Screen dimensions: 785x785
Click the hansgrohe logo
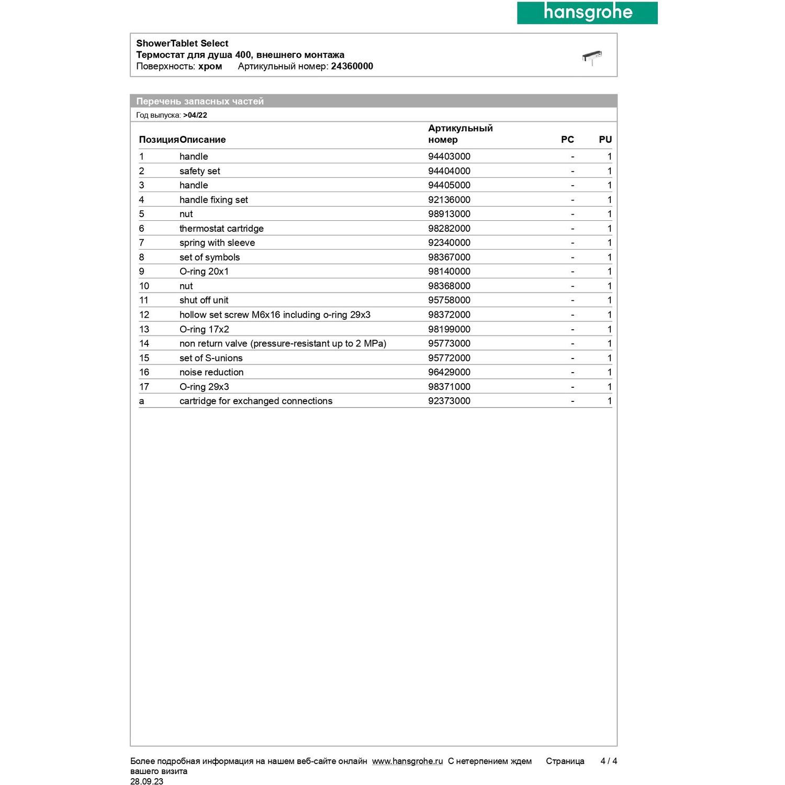[587, 13]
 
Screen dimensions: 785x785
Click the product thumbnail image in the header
[592, 57]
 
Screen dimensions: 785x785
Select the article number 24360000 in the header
[352, 66]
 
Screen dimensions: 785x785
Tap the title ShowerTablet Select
[182, 43]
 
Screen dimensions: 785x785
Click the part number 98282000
[449, 229]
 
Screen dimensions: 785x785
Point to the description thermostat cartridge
[221, 229]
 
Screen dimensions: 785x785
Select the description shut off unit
[204, 300]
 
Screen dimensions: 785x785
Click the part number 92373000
[449, 401]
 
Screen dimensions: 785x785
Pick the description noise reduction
[211, 372]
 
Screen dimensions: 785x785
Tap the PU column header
[605, 140]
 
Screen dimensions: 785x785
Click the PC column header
[567, 140]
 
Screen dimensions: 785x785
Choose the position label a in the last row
[141, 401]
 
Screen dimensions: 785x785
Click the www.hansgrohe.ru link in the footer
[407, 761]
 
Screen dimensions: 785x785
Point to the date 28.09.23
[147, 781]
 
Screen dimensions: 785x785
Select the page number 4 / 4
[609, 761]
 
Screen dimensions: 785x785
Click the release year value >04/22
[195, 115]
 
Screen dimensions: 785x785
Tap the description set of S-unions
[211, 358]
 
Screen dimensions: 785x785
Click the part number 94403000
[449, 156]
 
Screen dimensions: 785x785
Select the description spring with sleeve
[217, 243]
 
